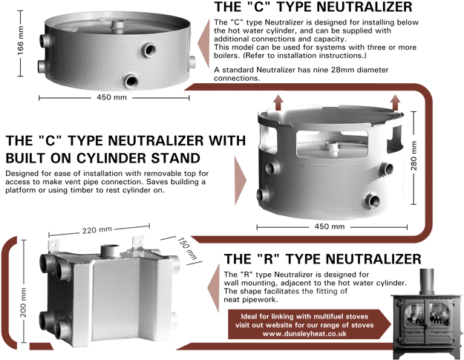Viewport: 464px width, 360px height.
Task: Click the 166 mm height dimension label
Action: pyautogui.click(x=20, y=44)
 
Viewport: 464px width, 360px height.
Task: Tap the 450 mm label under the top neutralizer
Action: pyautogui.click(x=111, y=97)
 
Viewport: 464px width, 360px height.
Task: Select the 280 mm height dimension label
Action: pyautogui.click(x=414, y=156)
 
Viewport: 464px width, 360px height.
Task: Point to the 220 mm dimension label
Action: pyautogui.click(x=97, y=230)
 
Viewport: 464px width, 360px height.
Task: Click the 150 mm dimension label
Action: pyautogui.click(x=187, y=249)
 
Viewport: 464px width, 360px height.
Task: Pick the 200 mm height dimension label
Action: pyautogui.click(x=23, y=302)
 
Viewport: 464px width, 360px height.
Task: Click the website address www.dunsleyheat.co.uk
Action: pyautogui.click(x=304, y=334)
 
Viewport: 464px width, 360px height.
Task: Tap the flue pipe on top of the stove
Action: pyautogui.click(x=426, y=282)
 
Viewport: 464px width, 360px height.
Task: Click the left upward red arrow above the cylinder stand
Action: pyautogui.click(x=278, y=102)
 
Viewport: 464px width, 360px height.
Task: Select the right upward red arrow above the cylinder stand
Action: pyautogui.click(x=396, y=102)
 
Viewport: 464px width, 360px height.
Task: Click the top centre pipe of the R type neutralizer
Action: pyautogui.click(x=110, y=251)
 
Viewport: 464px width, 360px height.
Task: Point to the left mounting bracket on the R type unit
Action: pyautogui.click(x=53, y=245)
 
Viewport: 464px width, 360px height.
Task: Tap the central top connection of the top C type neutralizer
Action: pyautogui.click(x=118, y=24)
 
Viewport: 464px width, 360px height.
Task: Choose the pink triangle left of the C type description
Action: pyautogui.click(x=203, y=44)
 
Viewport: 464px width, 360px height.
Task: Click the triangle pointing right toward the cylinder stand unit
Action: pyautogui.click(x=241, y=180)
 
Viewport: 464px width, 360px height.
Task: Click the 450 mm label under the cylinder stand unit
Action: pyautogui.click(x=330, y=226)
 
